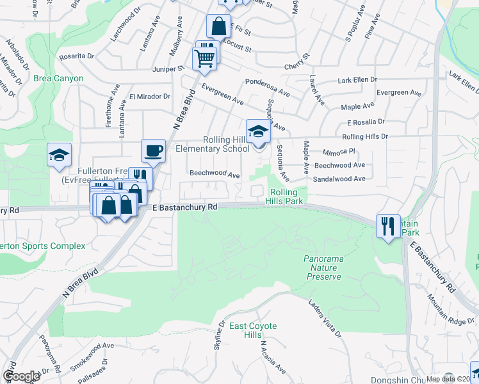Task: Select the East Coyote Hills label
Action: [x=254, y=331]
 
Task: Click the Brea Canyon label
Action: [x=60, y=79]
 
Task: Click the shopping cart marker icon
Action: [x=205, y=58]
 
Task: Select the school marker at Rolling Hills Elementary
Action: [x=258, y=131]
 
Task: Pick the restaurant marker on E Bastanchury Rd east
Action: [x=387, y=226]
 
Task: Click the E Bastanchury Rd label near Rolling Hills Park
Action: [x=186, y=207]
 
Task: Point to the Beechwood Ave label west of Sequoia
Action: [x=215, y=174]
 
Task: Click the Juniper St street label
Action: [x=168, y=68]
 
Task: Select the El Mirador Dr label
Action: [x=150, y=97]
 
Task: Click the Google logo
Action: [x=21, y=376]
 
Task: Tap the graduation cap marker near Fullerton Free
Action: [x=59, y=155]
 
